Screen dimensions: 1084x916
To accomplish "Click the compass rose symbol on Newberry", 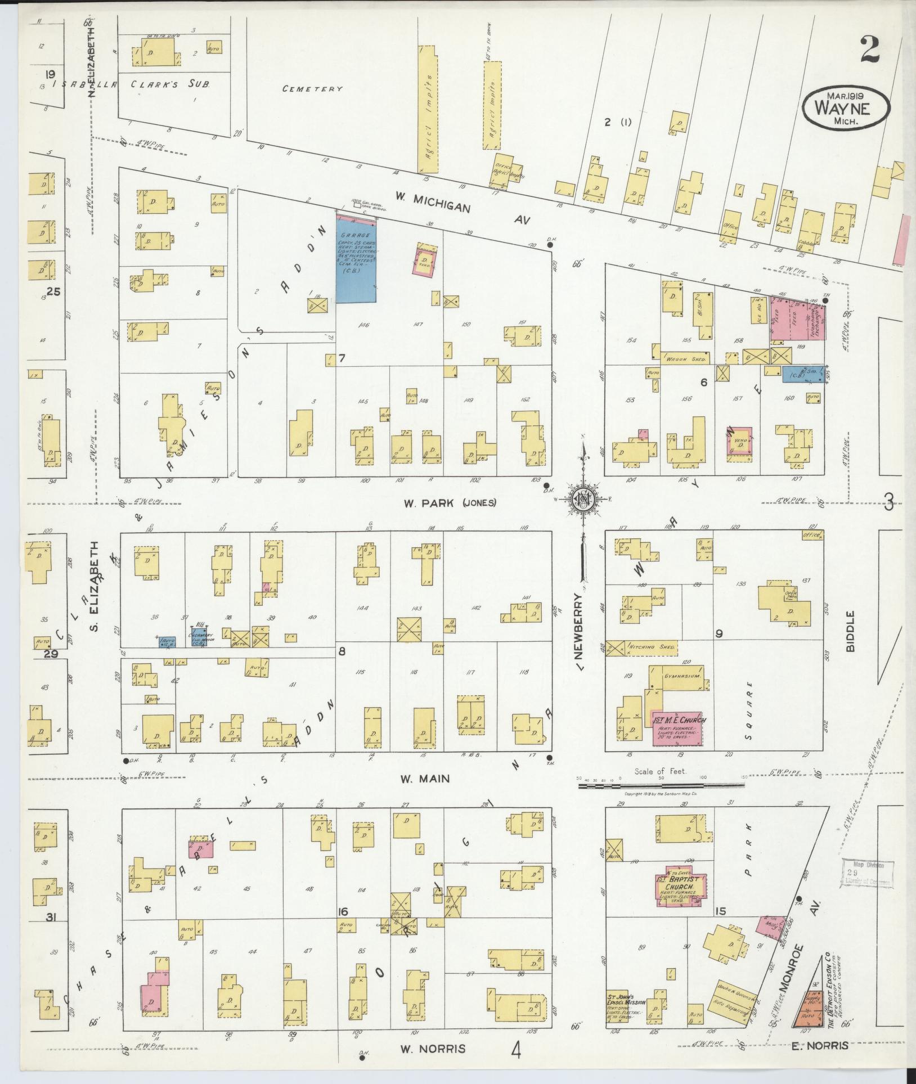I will tap(585, 497).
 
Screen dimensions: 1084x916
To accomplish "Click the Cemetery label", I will tap(313, 89).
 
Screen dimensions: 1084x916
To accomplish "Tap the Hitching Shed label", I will tap(653, 647).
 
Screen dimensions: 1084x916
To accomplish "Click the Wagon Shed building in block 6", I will tap(684, 358).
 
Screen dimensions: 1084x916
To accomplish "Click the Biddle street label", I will tap(850, 631).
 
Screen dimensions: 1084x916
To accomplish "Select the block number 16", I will tap(343, 912).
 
